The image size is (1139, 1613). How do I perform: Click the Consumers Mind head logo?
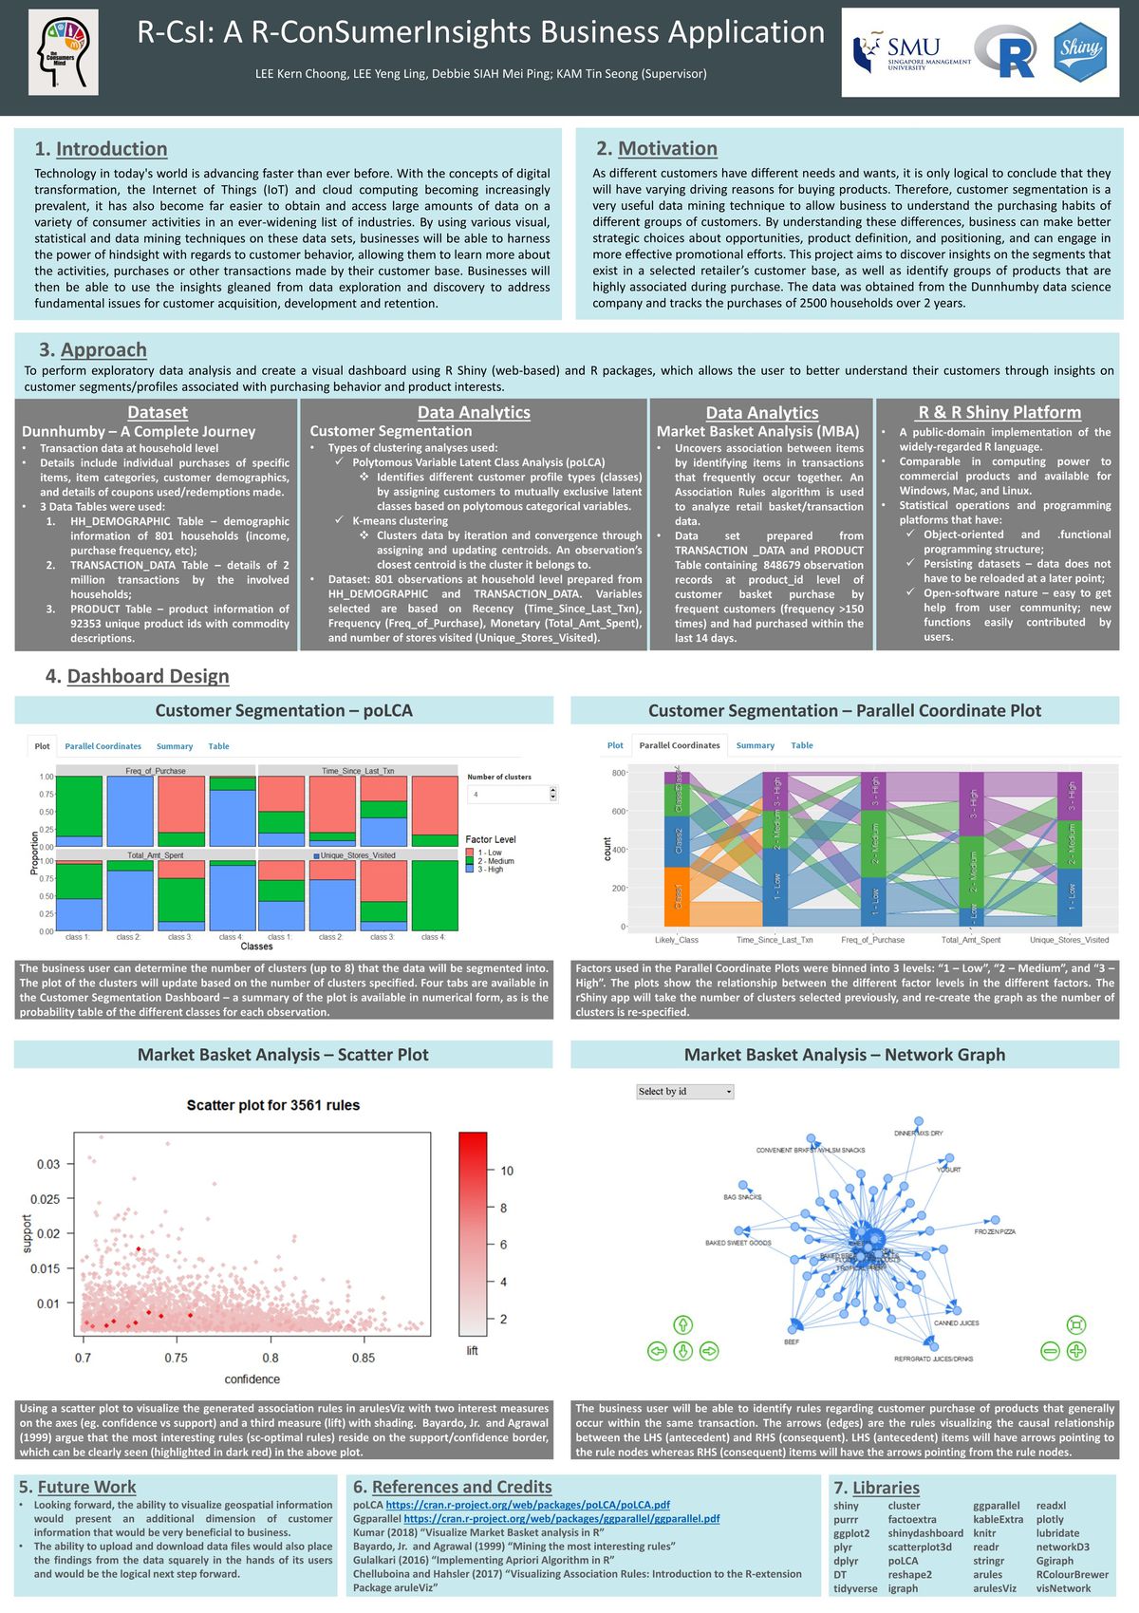[x=63, y=53]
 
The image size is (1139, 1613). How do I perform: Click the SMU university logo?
[x=911, y=52]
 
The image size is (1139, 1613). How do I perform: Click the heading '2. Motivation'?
[x=657, y=148]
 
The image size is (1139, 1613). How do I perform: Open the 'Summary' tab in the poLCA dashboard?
[x=175, y=746]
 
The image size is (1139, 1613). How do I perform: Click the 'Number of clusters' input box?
[x=512, y=794]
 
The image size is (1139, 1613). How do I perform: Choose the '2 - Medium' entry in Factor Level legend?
[x=495, y=861]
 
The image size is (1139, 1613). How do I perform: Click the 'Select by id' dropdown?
[x=684, y=1092]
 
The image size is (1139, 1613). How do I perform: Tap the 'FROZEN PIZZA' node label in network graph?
[x=995, y=1231]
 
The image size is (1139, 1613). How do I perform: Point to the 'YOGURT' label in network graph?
[x=948, y=1170]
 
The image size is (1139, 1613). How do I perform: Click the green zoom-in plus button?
[x=1076, y=1351]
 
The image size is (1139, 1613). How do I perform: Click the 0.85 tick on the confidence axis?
[x=364, y=1358]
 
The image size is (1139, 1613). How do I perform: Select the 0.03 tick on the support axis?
[x=48, y=1164]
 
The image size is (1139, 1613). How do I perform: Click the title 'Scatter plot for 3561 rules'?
[x=273, y=1105]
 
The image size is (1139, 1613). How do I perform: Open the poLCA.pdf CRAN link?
[x=528, y=1505]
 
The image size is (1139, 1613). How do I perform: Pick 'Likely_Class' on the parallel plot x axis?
[x=676, y=940]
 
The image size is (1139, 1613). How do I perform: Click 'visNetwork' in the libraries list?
[x=1063, y=1588]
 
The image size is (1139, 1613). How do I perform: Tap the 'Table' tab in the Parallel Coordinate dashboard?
[x=802, y=745]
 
